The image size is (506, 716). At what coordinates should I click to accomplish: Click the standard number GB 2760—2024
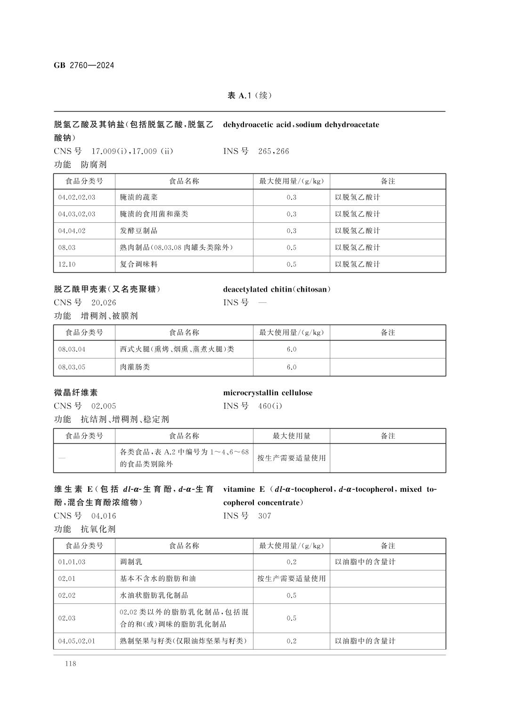(84, 65)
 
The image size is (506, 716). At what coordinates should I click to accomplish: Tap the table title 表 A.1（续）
(250, 96)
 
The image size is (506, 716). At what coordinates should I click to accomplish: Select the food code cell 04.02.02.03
(77, 197)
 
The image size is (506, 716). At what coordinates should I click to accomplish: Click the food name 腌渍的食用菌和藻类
(154, 214)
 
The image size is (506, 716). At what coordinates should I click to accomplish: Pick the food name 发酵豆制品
(139, 231)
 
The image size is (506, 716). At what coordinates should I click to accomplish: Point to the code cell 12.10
(67, 264)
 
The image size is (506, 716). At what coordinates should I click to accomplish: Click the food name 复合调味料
(139, 264)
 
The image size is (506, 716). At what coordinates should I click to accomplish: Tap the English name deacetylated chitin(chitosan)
(277, 289)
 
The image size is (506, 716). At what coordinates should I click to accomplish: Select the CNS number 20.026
(104, 302)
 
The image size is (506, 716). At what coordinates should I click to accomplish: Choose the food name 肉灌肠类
(135, 367)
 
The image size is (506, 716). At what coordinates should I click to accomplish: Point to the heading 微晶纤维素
(76, 393)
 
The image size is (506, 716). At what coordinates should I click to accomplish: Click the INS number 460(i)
(270, 406)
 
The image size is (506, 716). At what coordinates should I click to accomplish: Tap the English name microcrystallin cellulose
(268, 393)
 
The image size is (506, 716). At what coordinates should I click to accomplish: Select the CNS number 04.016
(104, 516)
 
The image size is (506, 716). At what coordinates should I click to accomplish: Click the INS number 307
(265, 516)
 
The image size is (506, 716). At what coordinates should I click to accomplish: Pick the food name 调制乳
(131, 562)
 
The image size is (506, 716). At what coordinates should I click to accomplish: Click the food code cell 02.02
(67, 595)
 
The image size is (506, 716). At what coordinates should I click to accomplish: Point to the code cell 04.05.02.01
(77, 641)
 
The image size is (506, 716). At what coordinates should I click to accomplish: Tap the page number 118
(71, 664)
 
